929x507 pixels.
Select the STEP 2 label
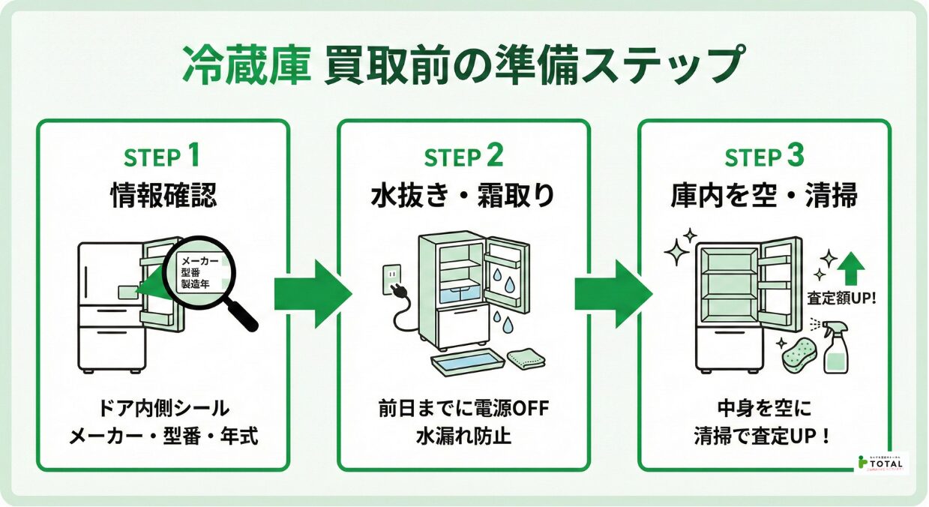click(463, 158)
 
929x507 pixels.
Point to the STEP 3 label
click(764, 158)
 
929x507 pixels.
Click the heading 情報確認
click(163, 196)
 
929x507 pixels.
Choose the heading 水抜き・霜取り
click(463, 196)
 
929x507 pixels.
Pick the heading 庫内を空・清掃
click(764, 196)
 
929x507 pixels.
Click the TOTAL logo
click(882, 463)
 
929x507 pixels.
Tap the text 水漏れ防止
click(463, 436)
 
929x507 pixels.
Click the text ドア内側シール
click(163, 409)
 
